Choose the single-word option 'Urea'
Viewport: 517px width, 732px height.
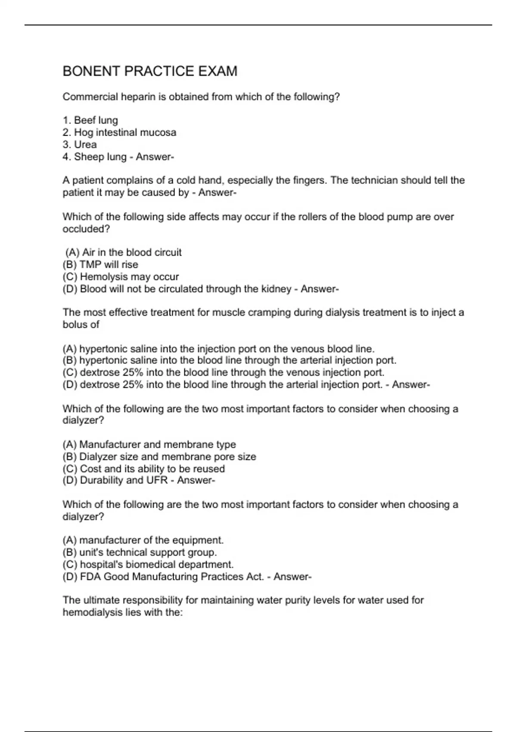coord(85,145)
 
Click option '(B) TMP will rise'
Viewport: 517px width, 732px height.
coord(100,264)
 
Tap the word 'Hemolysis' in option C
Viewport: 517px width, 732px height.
coord(103,276)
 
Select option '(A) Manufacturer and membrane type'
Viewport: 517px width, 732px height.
coord(149,444)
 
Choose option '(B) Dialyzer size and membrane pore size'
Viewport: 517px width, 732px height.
coord(159,456)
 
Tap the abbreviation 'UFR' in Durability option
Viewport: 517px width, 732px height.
coord(157,480)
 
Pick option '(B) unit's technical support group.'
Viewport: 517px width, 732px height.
coord(140,552)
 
